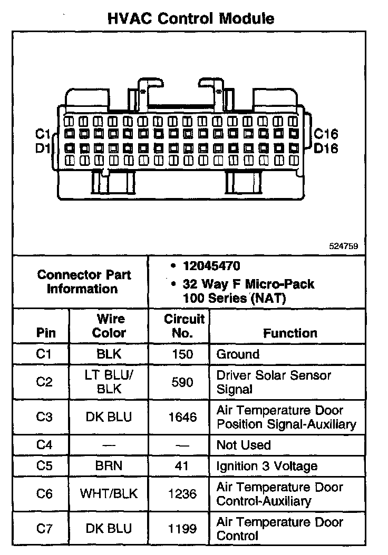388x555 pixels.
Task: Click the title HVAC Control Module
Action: click(x=191, y=19)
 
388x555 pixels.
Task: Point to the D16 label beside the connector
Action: click(x=326, y=148)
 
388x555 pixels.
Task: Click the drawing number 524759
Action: click(x=344, y=246)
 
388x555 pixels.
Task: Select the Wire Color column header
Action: click(x=110, y=326)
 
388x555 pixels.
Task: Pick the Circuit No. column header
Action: click(x=184, y=326)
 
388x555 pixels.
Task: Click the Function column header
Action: click(x=290, y=333)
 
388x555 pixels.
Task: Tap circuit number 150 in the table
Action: click(x=183, y=354)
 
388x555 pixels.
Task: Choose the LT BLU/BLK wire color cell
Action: click(x=110, y=382)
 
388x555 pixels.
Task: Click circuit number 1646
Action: click(x=183, y=417)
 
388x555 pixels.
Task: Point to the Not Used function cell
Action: click(x=244, y=445)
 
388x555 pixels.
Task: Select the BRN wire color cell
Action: click(x=110, y=466)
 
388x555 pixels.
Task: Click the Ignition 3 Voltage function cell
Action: click(x=267, y=466)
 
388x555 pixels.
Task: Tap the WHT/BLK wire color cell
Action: click(x=109, y=494)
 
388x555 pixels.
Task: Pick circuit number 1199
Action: click(x=183, y=529)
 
